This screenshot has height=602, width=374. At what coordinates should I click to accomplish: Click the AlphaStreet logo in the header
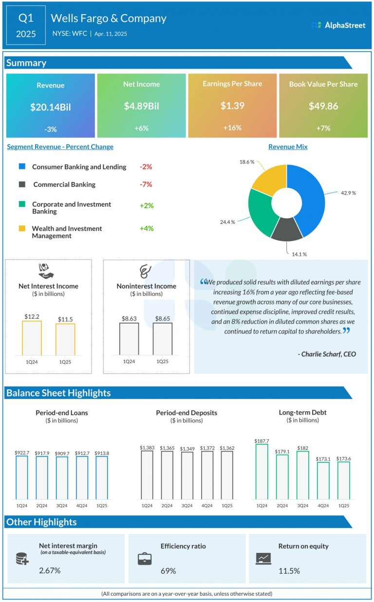point(338,25)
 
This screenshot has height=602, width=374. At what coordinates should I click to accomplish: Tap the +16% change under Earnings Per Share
point(232,128)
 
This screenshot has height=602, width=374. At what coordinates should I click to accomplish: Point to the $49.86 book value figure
point(323,106)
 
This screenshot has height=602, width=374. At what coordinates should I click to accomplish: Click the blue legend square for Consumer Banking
point(22,166)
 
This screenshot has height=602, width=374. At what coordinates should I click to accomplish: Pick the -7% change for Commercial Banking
point(146,184)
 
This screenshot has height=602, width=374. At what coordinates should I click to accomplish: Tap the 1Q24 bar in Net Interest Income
point(32,338)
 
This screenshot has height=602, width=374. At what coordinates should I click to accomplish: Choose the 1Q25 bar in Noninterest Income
point(162,339)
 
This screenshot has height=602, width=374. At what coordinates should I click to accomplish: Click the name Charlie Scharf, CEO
point(327,354)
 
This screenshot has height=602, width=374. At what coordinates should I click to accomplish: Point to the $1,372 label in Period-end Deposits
point(207,447)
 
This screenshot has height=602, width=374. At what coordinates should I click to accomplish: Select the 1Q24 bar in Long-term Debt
point(262,471)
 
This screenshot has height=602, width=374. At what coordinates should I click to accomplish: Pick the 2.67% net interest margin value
point(50,570)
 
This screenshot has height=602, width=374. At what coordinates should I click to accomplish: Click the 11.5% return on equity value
point(289,570)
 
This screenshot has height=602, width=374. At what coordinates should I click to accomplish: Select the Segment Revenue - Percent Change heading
point(60,146)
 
